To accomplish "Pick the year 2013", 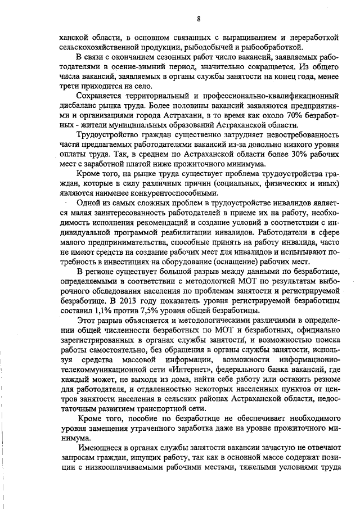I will (92, 300).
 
